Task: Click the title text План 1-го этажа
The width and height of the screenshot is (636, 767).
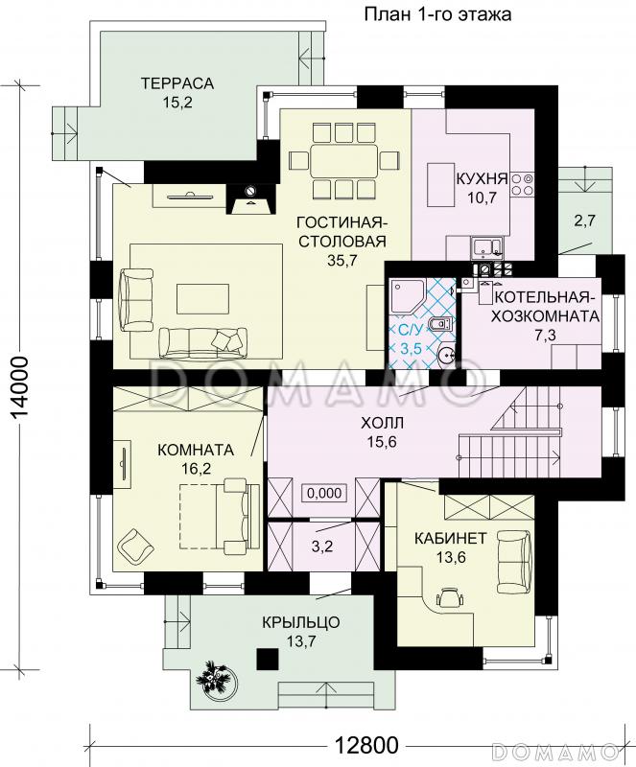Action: [437, 14]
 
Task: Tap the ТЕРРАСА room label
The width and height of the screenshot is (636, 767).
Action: [177, 83]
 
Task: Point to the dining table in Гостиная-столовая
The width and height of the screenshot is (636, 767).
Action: [343, 160]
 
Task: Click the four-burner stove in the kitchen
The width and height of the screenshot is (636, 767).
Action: [522, 184]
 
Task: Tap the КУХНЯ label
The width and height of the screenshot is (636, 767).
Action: [482, 178]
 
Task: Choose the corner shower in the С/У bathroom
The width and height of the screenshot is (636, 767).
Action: [407, 295]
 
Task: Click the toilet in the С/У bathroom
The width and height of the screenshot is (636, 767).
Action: [441, 324]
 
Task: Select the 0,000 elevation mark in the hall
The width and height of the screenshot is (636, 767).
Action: [324, 493]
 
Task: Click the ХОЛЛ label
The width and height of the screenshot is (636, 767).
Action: [376, 423]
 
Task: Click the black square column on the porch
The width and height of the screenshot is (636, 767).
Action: [268, 659]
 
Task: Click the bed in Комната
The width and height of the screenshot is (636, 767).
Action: [219, 517]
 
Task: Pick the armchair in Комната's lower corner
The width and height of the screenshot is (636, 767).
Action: [134, 546]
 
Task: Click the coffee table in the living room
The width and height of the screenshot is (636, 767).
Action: [203, 298]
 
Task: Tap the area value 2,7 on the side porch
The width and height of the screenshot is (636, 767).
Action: [584, 221]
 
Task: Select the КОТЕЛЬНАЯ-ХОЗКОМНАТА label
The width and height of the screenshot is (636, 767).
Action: [545, 306]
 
